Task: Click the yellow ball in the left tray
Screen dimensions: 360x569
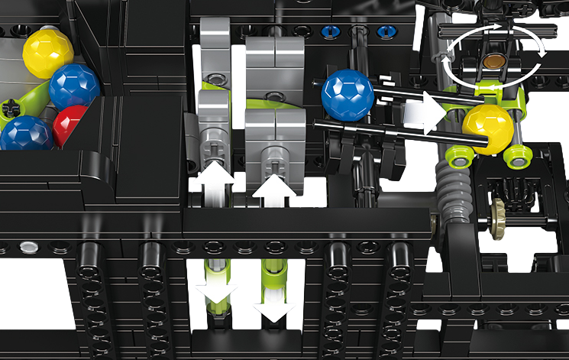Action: click(x=47, y=53)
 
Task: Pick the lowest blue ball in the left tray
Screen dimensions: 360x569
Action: click(x=25, y=134)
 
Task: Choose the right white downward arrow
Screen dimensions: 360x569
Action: click(x=273, y=303)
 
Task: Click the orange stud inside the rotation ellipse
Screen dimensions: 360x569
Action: click(x=494, y=61)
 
